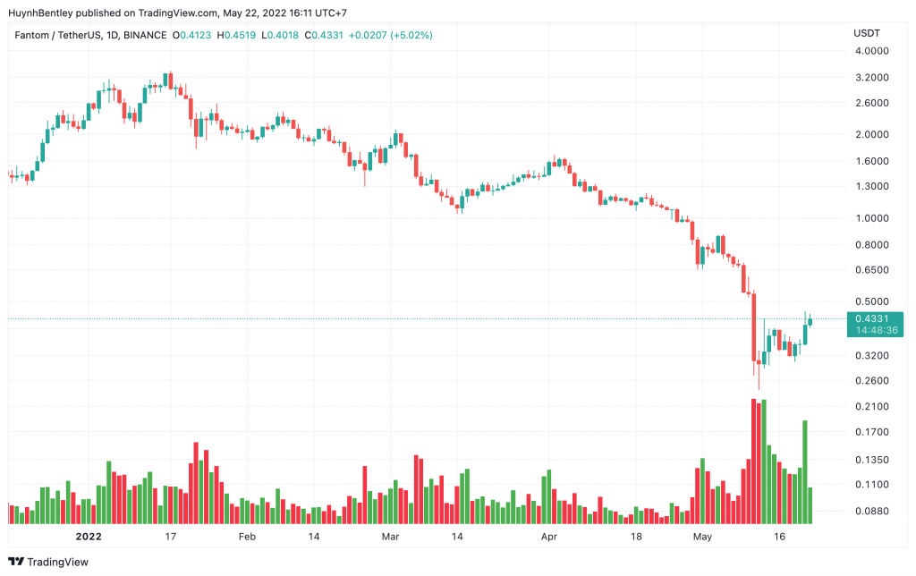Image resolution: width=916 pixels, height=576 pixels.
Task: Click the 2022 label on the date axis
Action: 89,538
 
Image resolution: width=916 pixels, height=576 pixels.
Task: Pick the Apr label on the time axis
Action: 548,538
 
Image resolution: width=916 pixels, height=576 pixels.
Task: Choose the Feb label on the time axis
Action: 247,538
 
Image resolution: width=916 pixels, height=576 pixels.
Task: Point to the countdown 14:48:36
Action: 876,330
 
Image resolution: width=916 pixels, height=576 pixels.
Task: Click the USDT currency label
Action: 867,32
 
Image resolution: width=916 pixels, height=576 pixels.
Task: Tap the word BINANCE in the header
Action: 144,35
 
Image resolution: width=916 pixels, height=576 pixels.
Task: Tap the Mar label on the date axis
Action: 389,538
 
